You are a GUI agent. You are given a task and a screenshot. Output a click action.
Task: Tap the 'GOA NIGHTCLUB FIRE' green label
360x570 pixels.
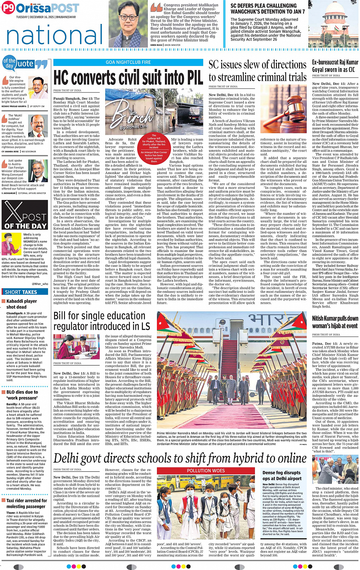tap(128, 62)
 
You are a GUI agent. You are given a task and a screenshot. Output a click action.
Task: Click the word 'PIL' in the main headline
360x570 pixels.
tap(190, 78)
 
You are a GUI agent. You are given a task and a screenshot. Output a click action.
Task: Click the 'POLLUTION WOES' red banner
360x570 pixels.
tap(206, 471)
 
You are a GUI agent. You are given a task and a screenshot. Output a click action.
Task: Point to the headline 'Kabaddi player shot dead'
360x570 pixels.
tap(21, 304)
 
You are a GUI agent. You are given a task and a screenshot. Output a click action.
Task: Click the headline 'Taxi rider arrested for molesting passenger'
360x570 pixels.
tap(26, 503)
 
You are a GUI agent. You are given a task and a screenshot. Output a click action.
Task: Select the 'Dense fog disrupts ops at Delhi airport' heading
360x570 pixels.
tap(282, 476)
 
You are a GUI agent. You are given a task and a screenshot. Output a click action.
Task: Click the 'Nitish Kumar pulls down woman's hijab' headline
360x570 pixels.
tap(335, 322)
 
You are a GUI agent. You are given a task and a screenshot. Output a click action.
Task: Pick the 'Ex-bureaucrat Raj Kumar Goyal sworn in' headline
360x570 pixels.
tap(335, 65)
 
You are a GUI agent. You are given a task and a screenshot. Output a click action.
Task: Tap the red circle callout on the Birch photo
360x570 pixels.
tap(154, 149)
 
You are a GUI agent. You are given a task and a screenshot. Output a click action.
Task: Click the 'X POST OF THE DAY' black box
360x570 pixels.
tap(24, 215)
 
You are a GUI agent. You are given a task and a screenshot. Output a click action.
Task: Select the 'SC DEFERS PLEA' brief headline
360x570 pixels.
tap(267, 9)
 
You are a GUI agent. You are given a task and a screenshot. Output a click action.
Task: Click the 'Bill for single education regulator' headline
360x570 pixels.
tap(101, 321)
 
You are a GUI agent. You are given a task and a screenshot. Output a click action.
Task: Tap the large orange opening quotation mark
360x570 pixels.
tap(156, 8)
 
